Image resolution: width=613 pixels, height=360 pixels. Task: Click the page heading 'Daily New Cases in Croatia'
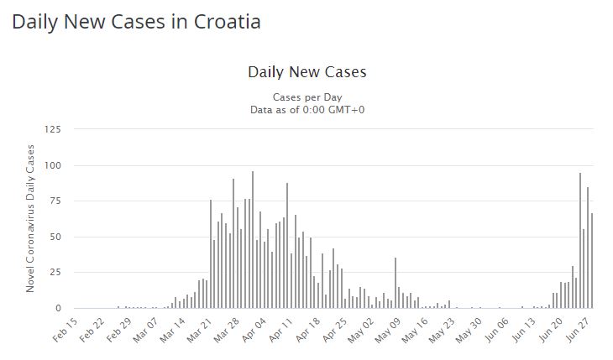click(x=136, y=22)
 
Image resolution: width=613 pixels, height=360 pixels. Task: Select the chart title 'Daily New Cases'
click(x=306, y=72)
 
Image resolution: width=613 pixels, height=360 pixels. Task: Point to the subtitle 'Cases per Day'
click(x=306, y=97)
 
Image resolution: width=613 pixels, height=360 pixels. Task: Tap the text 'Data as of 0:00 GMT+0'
click(x=306, y=109)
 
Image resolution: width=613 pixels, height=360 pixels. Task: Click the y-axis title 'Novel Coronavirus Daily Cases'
click(x=31, y=218)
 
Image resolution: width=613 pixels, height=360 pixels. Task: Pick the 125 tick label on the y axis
click(x=52, y=129)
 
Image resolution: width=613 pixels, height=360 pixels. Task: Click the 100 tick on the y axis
click(x=52, y=165)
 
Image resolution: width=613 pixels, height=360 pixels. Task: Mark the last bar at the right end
click(x=592, y=260)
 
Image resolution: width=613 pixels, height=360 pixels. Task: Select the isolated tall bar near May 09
click(x=395, y=283)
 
